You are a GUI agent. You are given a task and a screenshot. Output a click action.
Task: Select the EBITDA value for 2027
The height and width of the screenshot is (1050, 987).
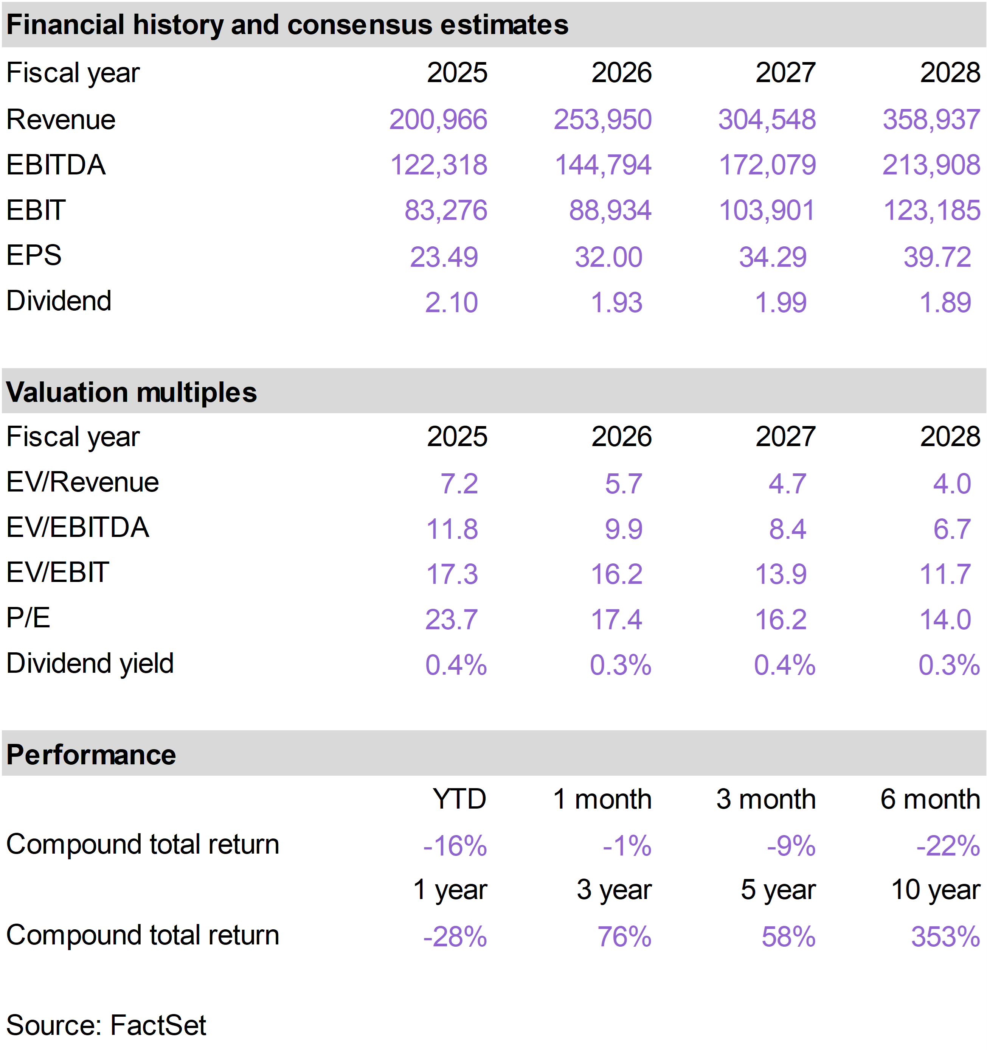click(x=767, y=165)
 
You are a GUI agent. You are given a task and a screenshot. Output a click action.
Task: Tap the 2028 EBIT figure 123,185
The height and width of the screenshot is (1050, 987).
click(x=931, y=210)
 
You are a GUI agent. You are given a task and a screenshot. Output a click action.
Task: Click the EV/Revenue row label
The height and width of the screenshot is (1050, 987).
click(x=82, y=482)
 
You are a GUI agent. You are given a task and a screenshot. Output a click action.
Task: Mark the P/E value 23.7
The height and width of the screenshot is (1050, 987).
click(x=451, y=619)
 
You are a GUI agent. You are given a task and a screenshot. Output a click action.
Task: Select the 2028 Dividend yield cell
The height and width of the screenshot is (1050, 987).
click(x=949, y=665)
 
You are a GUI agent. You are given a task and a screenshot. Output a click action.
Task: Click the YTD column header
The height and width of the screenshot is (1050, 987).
click(x=459, y=799)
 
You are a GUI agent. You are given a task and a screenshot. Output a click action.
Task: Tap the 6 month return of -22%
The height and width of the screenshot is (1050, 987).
click(x=948, y=846)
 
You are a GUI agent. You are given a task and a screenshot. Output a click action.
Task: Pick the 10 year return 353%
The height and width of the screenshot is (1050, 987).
click(x=945, y=937)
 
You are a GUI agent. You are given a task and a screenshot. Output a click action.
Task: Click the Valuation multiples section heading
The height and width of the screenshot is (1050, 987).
click(x=132, y=392)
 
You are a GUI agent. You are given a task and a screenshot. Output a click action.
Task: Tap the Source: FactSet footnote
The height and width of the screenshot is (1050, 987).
click(x=106, y=1025)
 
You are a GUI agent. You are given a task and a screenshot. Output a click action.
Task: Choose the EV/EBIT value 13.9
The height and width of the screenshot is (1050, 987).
click(x=781, y=574)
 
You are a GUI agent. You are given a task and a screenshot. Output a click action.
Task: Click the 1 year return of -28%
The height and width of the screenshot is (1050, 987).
click(x=455, y=937)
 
